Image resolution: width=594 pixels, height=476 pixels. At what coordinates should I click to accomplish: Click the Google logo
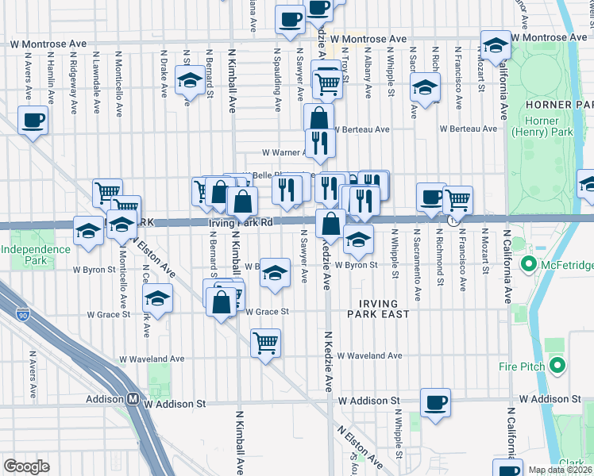click(26, 466)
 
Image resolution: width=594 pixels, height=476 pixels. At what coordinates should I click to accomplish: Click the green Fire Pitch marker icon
click(557, 366)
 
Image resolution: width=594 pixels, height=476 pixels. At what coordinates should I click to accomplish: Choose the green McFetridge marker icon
click(525, 263)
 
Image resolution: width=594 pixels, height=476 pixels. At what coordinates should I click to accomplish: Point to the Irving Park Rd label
click(241, 224)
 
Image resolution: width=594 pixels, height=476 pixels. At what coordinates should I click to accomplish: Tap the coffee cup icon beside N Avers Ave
click(33, 121)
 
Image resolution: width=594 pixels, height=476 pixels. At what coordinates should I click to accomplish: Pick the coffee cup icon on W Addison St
click(435, 401)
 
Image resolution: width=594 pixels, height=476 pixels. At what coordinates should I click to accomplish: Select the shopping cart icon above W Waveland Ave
click(265, 343)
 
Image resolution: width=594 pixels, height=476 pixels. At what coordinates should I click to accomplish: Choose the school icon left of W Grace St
click(158, 298)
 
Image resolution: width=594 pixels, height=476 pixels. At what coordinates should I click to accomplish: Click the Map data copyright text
click(559, 470)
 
